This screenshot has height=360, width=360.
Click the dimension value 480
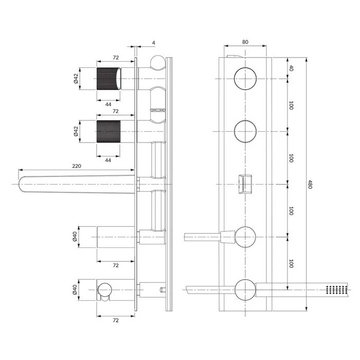(x=310, y=184)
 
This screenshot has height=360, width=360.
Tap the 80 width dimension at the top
(x=245, y=42)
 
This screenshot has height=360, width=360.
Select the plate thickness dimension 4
(x=154, y=43)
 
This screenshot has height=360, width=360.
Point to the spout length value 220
(x=77, y=166)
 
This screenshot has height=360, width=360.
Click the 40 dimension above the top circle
(x=291, y=68)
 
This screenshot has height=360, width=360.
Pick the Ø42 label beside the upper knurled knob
(x=76, y=79)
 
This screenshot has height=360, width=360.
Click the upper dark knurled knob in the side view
(x=109, y=79)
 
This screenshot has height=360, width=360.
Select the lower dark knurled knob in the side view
(x=109, y=131)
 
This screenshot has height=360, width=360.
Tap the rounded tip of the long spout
(x=21, y=184)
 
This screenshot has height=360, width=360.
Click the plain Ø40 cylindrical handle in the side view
(x=116, y=237)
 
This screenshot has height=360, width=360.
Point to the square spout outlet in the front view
(x=245, y=184)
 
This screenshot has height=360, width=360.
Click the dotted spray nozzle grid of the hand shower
(x=336, y=290)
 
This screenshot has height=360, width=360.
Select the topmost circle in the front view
(x=245, y=79)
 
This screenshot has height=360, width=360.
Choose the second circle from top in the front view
(x=245, y=131)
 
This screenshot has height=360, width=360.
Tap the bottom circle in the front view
(x=245, y=290)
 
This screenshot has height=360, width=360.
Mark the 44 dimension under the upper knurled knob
(x=109, y=104)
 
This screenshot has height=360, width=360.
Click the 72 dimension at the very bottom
(x=116, y=320)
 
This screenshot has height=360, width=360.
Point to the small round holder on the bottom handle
(x=105, y=290)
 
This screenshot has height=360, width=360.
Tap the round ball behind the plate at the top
(x=158, y=62)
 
